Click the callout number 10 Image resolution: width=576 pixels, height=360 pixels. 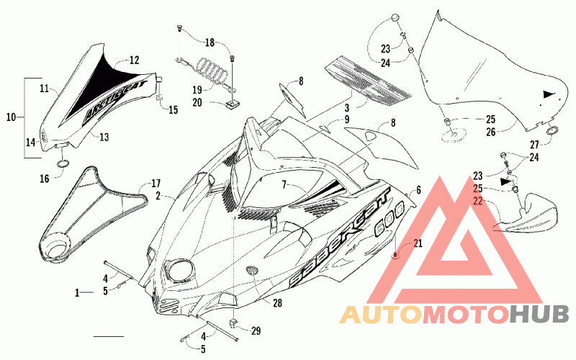[x=11, y=117]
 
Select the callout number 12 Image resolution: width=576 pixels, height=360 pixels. [x=134, y=60]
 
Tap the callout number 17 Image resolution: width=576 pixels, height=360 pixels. [x=156, y=184]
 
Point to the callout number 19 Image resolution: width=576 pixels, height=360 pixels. [x=197, y=89]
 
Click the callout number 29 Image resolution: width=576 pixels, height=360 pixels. [x=256, y=331]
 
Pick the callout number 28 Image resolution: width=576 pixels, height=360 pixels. [x=277, y=302]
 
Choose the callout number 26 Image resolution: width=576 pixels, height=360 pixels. [x=491, y=132]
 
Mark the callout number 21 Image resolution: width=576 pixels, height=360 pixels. [x=418, y=243]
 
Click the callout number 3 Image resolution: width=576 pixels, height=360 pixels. [x=347, y=109]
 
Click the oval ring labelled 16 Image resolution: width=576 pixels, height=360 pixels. [x=63, y=163]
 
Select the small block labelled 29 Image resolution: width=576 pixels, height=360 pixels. [x=233, y=324]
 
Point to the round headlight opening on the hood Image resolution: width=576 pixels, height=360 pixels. [x=180, y=270]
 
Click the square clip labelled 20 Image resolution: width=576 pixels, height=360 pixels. [x=232, y=104]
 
